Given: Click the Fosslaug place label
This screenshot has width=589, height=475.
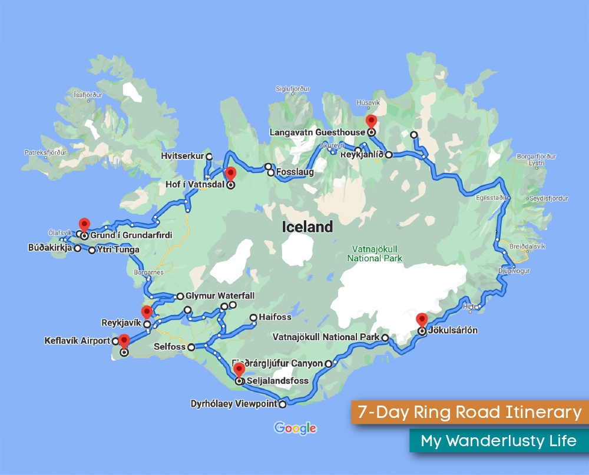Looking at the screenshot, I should click(x=294, y=172).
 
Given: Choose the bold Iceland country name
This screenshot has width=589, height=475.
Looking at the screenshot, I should click(x=307, y=227).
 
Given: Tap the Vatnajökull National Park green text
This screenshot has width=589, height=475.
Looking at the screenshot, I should click(x=375, y=253).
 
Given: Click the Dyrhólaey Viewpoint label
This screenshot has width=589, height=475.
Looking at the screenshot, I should click(x=234, y=404).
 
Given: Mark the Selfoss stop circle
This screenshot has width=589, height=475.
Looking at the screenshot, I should click(x=191, y=347).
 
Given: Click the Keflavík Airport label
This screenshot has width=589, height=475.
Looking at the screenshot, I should click(x=77, y=341).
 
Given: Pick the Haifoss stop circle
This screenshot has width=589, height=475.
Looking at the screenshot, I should click(x=254, y=318).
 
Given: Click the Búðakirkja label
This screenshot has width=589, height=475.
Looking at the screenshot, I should click(x=50, y=248).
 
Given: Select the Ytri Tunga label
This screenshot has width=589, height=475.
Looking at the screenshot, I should click(x=118, y=250).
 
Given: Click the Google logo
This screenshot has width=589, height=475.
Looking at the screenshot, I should click(x=295, y=429).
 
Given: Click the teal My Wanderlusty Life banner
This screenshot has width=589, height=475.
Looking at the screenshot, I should click(x=498, y=441).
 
